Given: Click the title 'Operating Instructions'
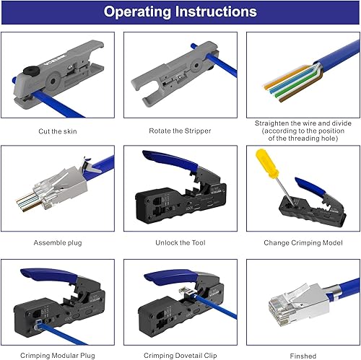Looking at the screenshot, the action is click(x=180, y=12).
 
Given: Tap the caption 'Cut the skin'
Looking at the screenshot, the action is click(x=58, y=131).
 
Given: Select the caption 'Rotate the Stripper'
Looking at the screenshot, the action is click(x=180, y=131).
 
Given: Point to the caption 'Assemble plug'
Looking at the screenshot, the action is click(x=58, y=242).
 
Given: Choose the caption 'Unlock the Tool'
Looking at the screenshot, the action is click(x=180, y=242).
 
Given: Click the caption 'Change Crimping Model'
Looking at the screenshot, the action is click(x=303, y=242).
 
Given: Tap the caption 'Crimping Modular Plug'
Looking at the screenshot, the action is click(x=58, y=356).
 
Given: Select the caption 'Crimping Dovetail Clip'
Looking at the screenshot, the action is click(x=180, y=356).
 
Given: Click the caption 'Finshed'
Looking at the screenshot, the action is click(x=303, y=356).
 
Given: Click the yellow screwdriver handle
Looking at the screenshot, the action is click(x=267, y=164).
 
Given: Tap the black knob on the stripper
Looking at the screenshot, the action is click(x=31, y=71).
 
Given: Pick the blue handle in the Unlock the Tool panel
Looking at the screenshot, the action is click(x=171, y=160).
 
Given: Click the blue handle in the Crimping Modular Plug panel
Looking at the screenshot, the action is click(x=48, y=274).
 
